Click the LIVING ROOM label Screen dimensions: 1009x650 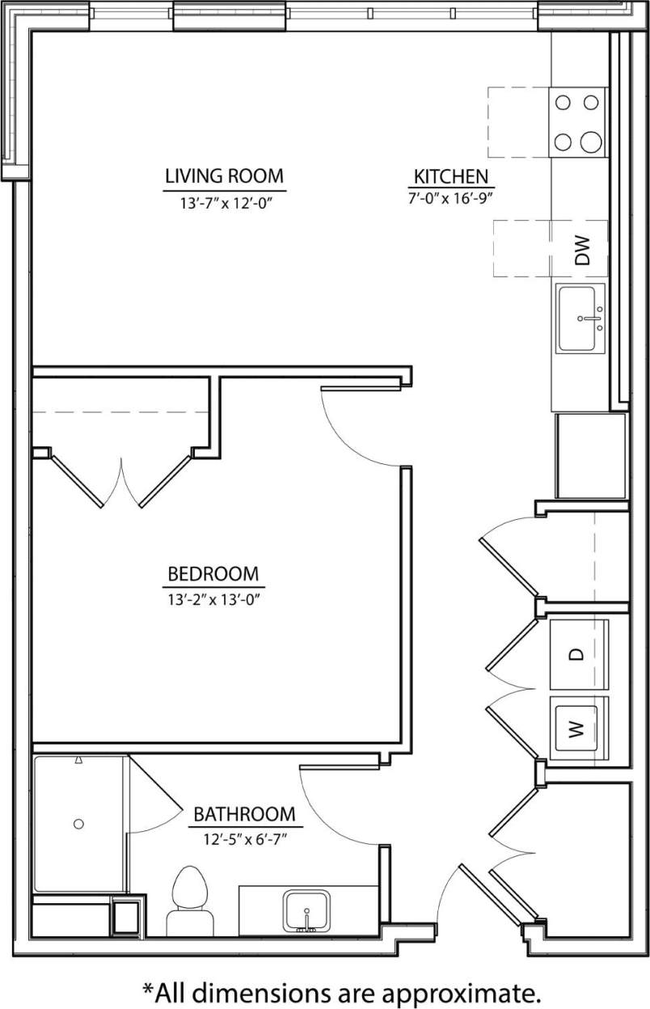225,175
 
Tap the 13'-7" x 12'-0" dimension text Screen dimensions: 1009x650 225,204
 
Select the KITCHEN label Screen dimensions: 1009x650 450,176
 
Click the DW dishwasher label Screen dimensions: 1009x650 582,250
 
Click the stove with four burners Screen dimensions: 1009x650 579,122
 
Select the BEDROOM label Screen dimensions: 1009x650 213,574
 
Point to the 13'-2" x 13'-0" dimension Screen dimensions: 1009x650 213,599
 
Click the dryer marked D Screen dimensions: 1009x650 578,653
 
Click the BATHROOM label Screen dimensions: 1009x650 243,813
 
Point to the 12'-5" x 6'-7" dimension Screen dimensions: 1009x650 246,839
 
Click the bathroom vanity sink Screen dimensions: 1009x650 306,911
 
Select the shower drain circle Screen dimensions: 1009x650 78,824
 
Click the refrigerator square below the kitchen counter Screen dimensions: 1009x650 590,456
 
